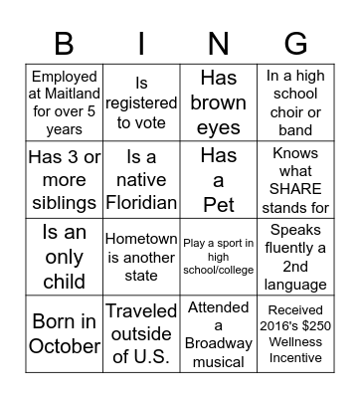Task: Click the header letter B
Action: pyautogui.click(x=64, y=43)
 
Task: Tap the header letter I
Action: pyautogui.click(x=141, y=43)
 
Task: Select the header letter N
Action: pyautogui.click(x=218, y=43)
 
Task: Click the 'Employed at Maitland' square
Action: pyautogui.click(x=64, y=102)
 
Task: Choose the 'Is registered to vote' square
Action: pyautogui.click(x=140, y=102)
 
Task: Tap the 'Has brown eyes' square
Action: pyautogui.click(x=218, y=102)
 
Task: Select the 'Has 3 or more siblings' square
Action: pyautogui.click(x=64, y=180)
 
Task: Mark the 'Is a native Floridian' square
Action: pyautogui.click(x=140, y=180)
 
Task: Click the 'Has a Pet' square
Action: pyautogui.click(x=218, y=180)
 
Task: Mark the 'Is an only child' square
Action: pyautogui.click(x=64, y=258)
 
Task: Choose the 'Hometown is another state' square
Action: pyautogui.click(x=140, y=258)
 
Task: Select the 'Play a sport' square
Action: pyautogui.click(x=218, y=258)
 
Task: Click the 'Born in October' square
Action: pyautogui.click(x=64, y=334)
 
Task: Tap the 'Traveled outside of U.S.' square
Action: pyautogui.click(x=140, y=334)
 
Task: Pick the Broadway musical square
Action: pyautogui.click(x=218, y=334)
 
